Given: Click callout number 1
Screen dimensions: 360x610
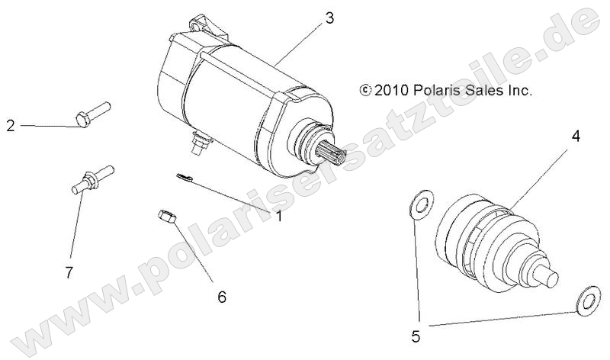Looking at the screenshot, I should [279, 216].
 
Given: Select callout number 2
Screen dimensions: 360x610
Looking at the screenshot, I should [11, 125].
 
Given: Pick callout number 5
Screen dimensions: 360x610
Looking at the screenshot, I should [416, 333].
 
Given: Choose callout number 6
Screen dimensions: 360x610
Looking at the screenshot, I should [222, 296].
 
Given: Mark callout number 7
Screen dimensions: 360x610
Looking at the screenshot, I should [69, 272].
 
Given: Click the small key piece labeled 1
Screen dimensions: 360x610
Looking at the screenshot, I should [181, 176].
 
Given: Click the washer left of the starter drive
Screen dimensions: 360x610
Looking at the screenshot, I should [419, 204].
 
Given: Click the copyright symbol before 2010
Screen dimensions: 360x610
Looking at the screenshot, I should [365, 90].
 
